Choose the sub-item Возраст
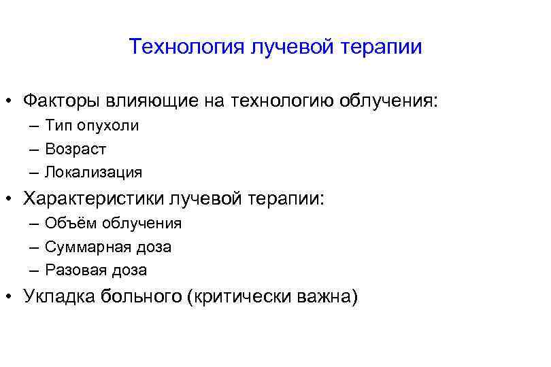click(76, 149)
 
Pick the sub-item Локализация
click(94, 172)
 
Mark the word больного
click(144, 296)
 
